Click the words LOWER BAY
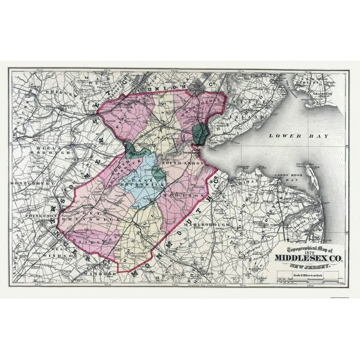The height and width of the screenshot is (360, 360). [286, 135]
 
